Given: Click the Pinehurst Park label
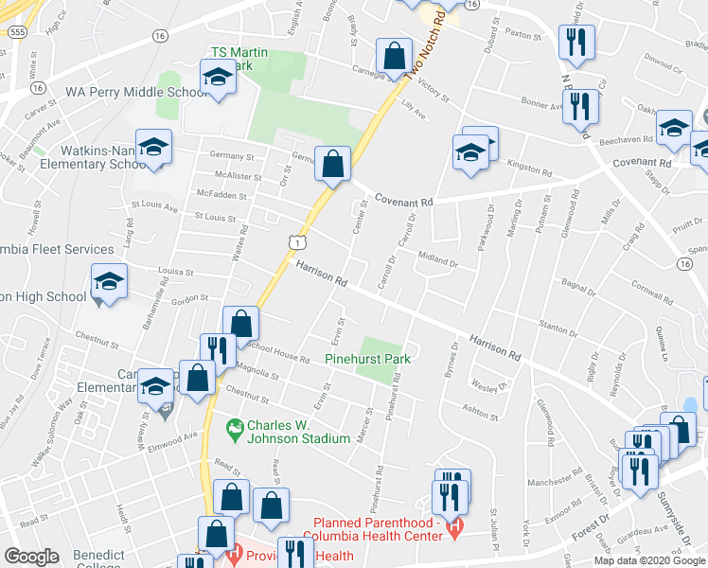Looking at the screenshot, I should (367, 360).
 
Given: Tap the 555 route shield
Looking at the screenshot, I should (17, 31).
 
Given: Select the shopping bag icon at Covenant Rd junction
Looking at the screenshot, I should (333, 163).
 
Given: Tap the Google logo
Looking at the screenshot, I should (32, 556).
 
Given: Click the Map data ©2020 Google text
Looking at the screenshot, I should (649, 560).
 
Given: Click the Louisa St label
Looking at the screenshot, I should (176, 273).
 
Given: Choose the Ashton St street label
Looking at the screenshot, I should (481, 414).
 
